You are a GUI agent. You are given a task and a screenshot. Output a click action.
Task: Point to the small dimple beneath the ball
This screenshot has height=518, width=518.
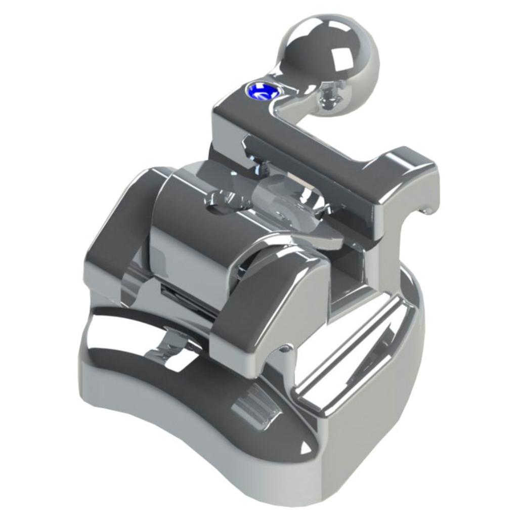click(328, 96)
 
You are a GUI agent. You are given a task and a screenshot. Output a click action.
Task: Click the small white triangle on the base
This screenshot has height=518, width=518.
click(305, 447)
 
